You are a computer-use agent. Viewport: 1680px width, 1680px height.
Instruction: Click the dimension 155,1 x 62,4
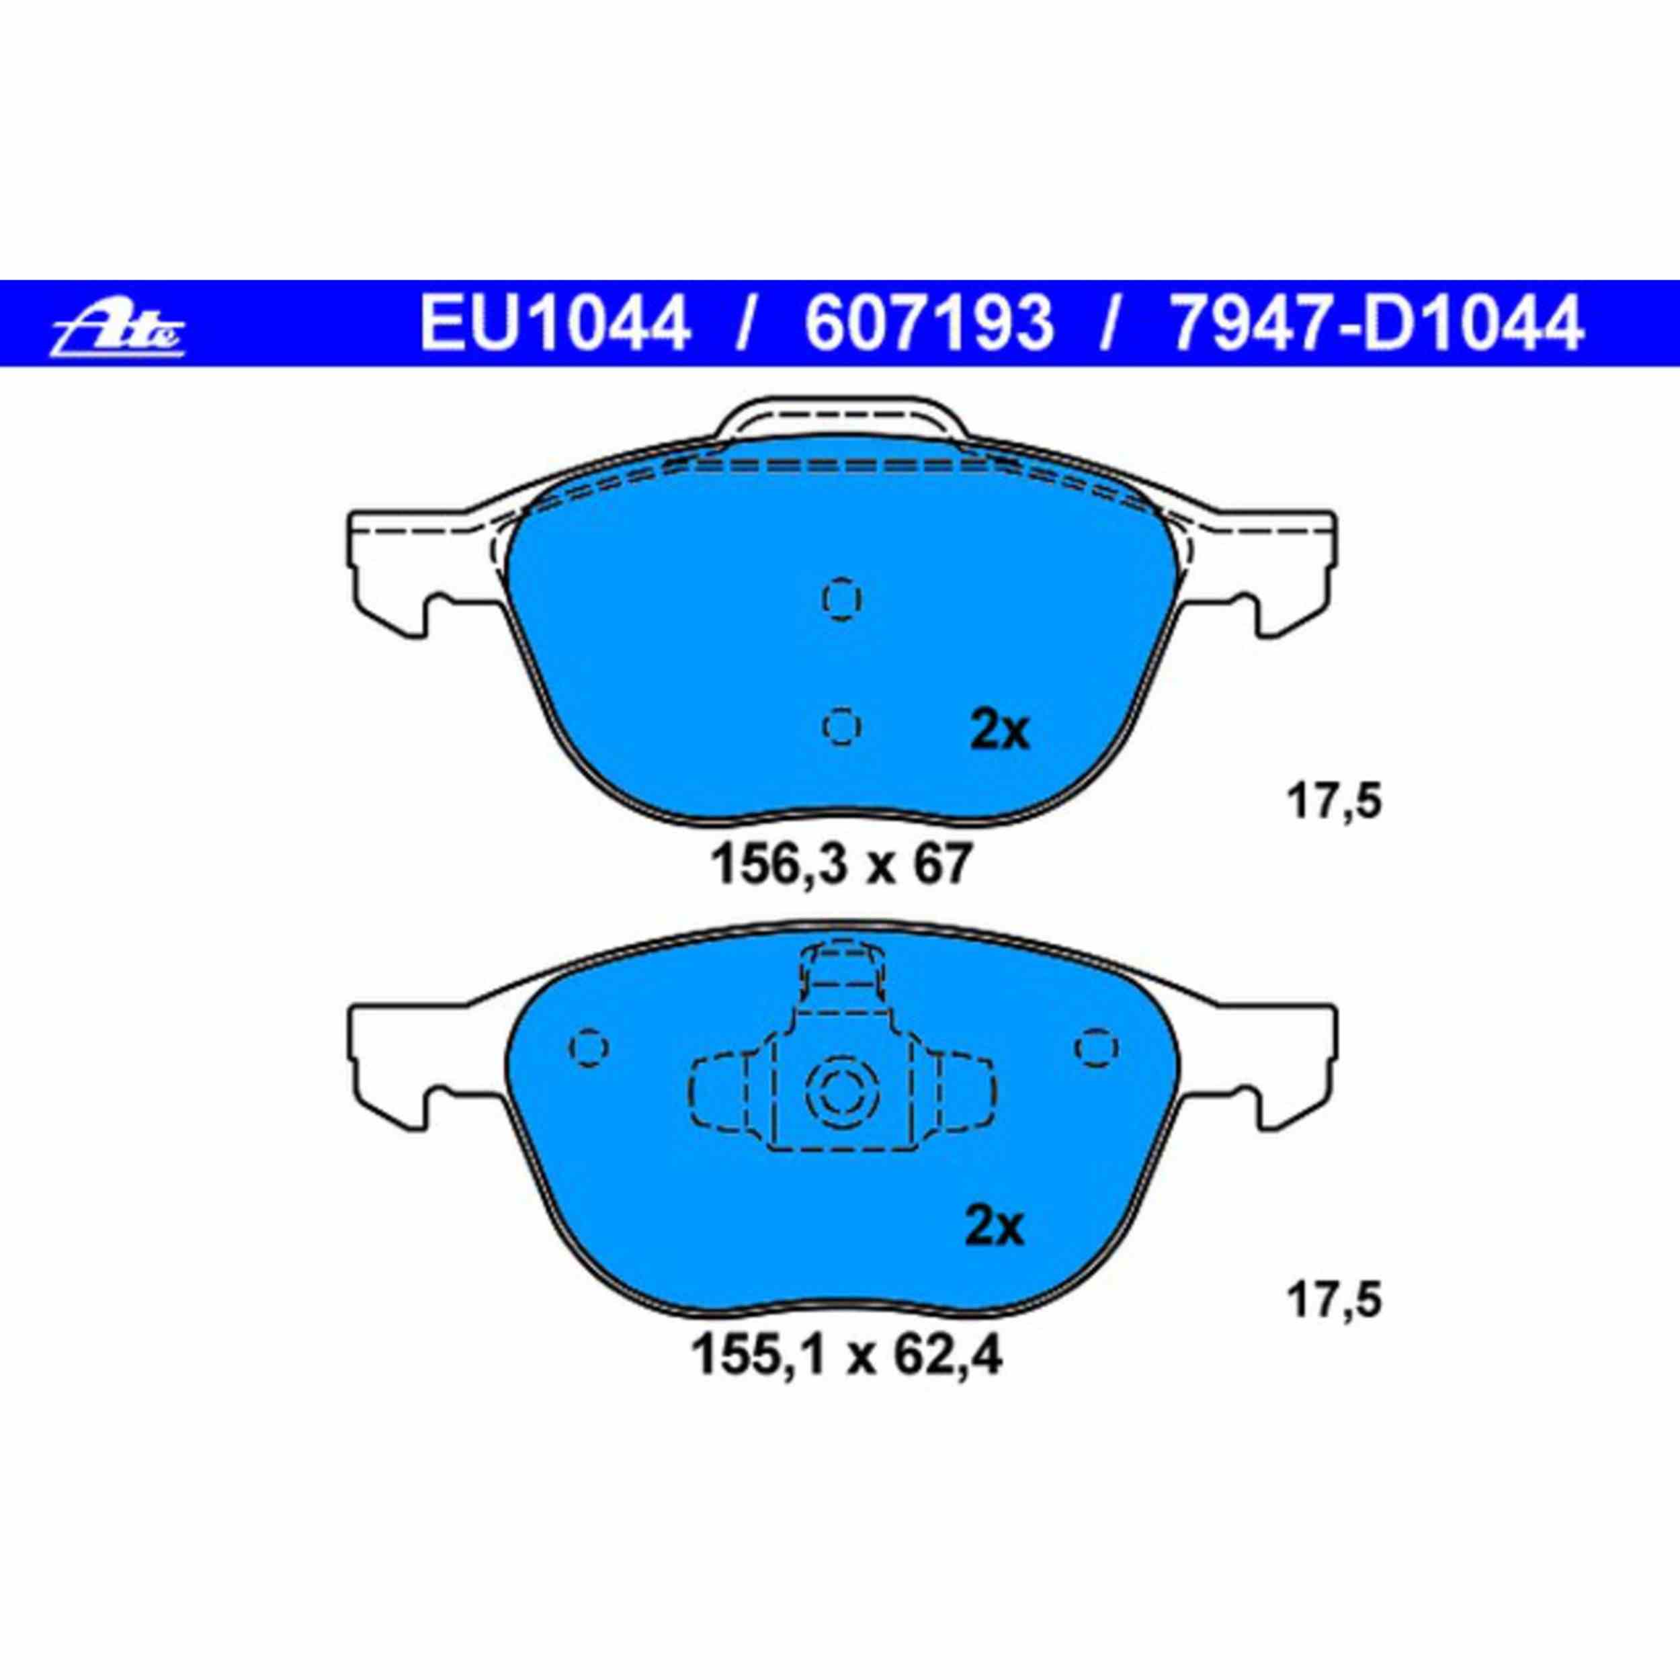(x=845, y=1379)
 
